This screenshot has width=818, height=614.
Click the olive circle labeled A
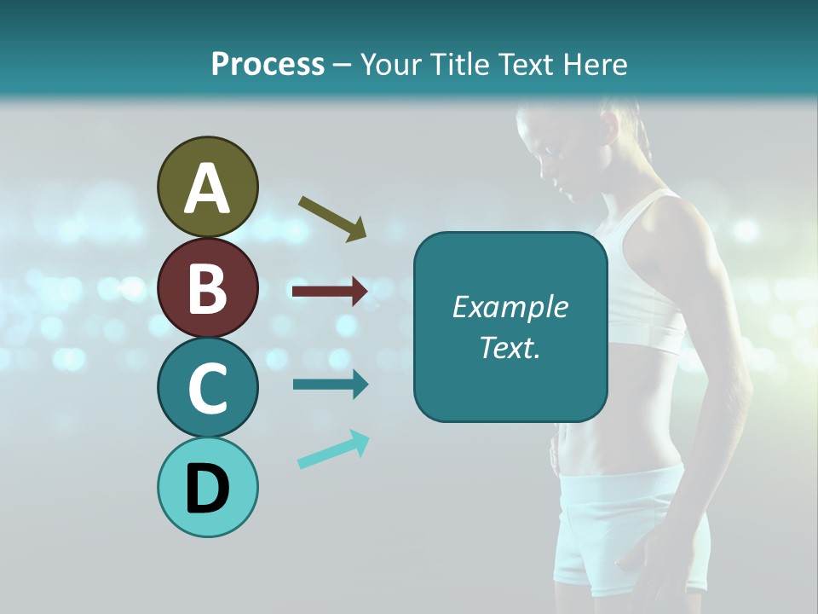pyautogui.click(x=207, y=187)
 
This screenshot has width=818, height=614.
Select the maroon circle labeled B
pyautogui.click(x=207, y=287)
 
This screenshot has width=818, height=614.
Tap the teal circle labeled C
pyautogui.click(x=207, y=387)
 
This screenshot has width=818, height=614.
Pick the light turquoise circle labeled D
pyautogui.click(x=207, y=487)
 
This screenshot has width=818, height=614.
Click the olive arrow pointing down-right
pyautogui.click(x=332, y=218)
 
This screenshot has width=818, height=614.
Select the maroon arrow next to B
pyautogui.click(x=330, y=293)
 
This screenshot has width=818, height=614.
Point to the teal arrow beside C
pyautogui.click(x=330, y=384)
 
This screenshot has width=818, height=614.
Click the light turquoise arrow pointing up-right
pyautogui.click(x=333, y=449)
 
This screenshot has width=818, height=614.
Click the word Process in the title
pyautogui.click(x=268, y=64)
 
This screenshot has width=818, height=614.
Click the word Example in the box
pyautogui.click(x=510, y=307)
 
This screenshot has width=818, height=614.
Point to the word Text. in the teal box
pyautogui.click(x=510, y=347)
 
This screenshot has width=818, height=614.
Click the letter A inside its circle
pyautogui.click(x=207, y=188)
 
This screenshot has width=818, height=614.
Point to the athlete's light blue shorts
pyautogui.click(x=631, y=520)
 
